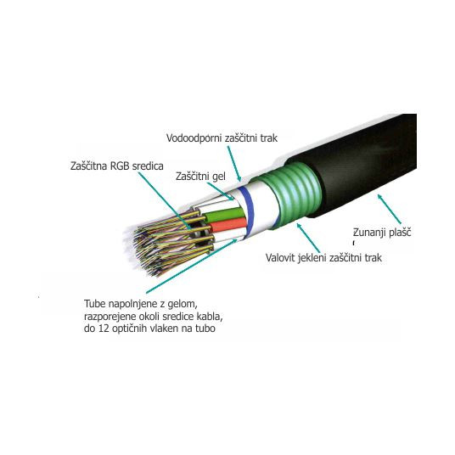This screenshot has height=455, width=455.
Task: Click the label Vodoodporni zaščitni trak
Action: [222, 138]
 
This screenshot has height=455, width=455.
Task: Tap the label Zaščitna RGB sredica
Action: [117, 166]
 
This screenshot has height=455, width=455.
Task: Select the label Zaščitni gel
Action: [200, 177]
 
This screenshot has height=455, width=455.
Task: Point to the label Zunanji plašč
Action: [382, 232]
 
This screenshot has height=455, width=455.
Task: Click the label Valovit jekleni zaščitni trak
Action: [323, 258]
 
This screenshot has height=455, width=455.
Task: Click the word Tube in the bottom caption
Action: [95, 304]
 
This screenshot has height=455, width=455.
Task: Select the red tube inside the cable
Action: [227, 225]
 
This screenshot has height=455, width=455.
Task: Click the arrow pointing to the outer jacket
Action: [390, 210]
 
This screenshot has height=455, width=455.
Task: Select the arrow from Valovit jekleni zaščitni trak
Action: [308, 238]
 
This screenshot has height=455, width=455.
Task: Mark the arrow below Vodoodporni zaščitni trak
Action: [234, 163]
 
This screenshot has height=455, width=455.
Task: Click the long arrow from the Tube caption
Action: [192, 266]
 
